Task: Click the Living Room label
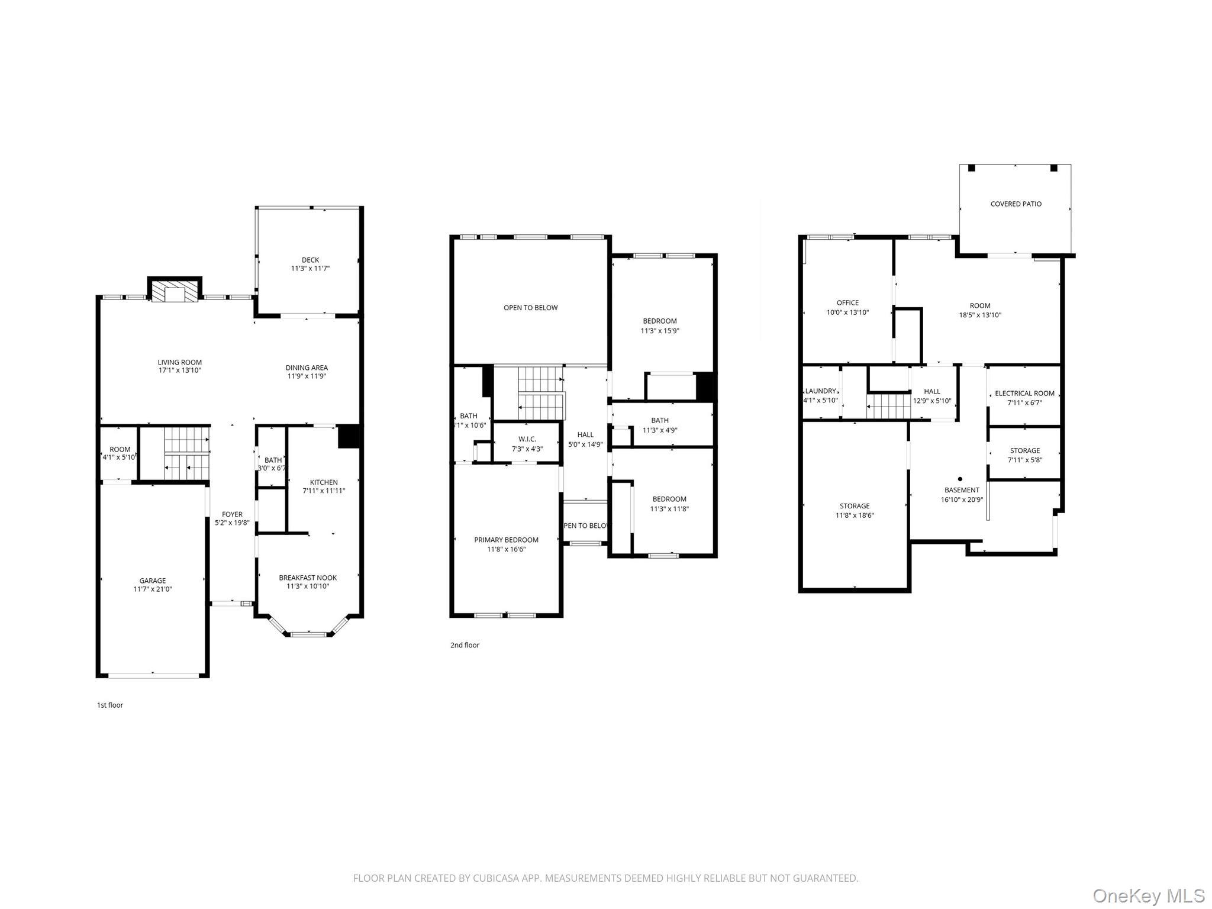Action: [179, 362]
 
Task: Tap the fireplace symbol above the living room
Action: [175, 292]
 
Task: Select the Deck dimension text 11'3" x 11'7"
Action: [310, 269]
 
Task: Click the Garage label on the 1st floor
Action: [153, 581]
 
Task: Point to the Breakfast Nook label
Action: [308, 578]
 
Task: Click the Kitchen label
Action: [324, 482]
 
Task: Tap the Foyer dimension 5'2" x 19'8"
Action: [232, 523]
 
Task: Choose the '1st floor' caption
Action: [110, 705]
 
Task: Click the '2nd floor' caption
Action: [465, 645]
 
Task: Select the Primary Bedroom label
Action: [506, 540]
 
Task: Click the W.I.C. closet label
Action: [527, 439]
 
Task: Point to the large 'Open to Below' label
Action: [530, 308]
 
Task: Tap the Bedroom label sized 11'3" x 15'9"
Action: [660, 321]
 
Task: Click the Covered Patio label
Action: [1016, 204]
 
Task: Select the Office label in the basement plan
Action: [847, 303]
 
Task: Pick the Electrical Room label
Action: [1024, 394]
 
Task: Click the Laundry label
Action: [820, 391]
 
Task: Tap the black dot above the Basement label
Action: [960, 479]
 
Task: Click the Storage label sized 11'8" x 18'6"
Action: [855, 506]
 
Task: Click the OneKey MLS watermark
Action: [1148, 895]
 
